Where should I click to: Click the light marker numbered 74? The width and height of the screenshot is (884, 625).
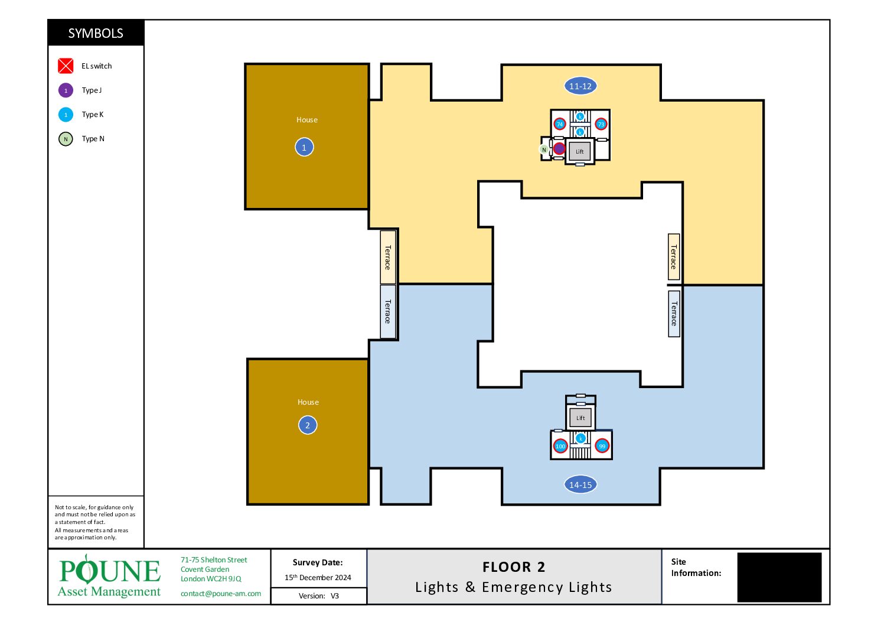[x=559, y=125]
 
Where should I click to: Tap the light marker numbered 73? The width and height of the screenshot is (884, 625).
[x=601, y=125]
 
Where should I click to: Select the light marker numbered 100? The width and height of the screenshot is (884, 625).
[x=560, y=446]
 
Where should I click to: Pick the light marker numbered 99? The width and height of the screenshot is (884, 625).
[x=602, y=446]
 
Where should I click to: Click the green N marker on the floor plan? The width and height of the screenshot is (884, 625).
[x=544, y=149]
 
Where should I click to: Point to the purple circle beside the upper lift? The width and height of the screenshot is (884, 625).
[x=559, y=149]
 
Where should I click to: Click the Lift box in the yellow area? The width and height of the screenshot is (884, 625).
[x=579, y=151]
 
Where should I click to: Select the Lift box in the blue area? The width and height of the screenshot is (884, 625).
[x=580, y=418]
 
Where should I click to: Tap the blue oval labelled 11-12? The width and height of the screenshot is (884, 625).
[x=580, y=86]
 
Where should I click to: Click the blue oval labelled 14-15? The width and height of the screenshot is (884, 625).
[x=580, y=484]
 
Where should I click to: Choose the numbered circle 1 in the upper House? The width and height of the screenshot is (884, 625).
[x=304, y=147]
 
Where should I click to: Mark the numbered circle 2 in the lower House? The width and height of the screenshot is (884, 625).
[x=307, y=425]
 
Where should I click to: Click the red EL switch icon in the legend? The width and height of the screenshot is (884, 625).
[x=66, y=66]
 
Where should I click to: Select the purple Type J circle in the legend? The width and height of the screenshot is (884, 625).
[x=66, y=90]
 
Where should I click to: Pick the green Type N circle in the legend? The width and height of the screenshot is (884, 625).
[x=66, y=139]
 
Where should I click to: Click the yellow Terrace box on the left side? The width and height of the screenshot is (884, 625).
[x=387, y=257]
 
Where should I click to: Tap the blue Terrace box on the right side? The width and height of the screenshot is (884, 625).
[x=674, y=314]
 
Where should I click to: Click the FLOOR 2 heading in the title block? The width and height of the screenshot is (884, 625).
[x=513, y=567]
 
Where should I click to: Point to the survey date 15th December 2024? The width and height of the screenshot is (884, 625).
[x=318, y=577]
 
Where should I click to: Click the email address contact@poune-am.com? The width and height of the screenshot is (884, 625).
[x=221, y=594]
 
